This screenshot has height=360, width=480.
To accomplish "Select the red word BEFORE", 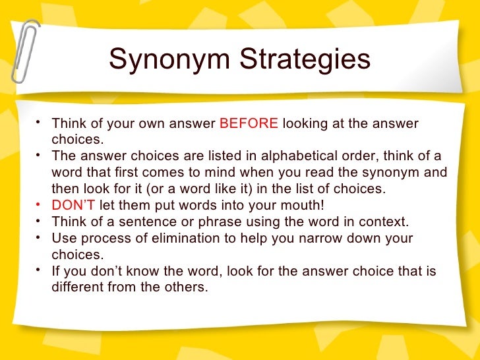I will [x=249, y=123].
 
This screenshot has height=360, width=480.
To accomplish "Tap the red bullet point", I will [x=41, y=204].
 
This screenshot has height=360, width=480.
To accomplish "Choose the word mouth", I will [x=301, y=204].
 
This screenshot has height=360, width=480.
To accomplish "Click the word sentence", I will [x=157, y=221].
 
